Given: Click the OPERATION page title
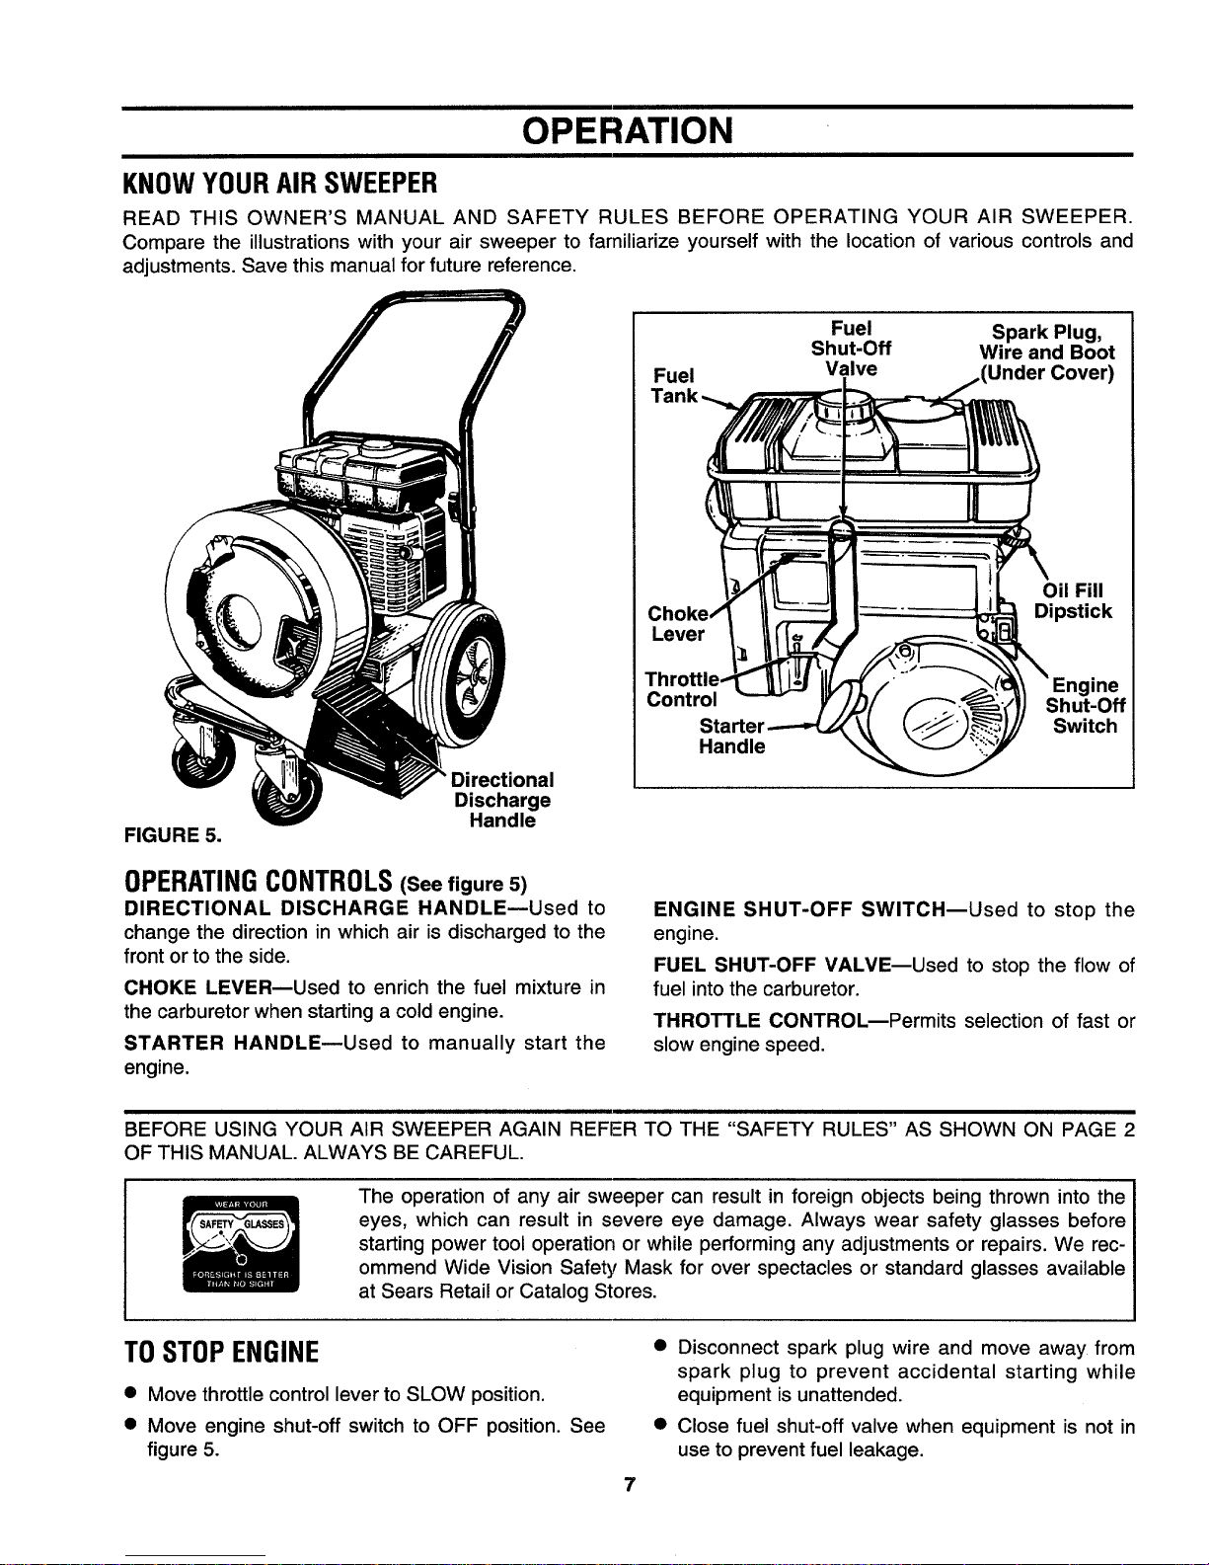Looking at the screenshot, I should tap(628, 131).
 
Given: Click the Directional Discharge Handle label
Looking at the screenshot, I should tap(502, 800).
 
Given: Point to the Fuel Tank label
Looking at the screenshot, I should tap(673, 385).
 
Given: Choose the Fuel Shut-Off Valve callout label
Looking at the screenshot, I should tap(851, 348).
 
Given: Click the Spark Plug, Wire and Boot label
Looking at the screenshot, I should tap(1046, 352).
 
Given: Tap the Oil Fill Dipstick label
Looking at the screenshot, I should tap(1073, 601).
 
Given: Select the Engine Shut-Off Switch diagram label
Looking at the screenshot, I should tap(1085, 706).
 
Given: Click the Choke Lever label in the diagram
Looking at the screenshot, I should tap(677, 623).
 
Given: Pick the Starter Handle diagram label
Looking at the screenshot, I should tap(731, 737).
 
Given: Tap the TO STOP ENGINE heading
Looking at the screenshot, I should tap(221, 1353).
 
